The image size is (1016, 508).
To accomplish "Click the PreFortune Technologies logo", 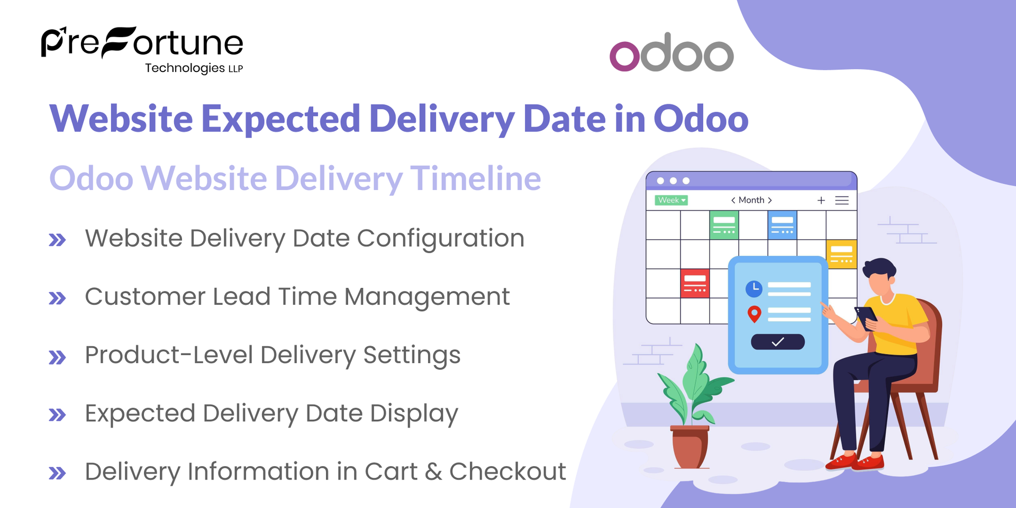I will click(x=142, y=49).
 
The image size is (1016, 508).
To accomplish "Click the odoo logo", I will click(x=672, y=53).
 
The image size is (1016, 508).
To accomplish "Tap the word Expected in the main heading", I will click(x=280, y=119).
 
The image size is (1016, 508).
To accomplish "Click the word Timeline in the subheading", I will click(x=475, y=178).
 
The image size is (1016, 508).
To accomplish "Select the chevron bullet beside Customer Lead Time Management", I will click(x=57, y=298).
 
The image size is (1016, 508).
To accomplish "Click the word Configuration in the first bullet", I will click(x=440, y=239).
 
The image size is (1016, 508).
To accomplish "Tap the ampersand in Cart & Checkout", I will click(x=433, y=471).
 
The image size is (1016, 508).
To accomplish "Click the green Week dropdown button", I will click(x=671, y=200).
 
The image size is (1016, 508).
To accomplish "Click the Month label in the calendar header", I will click(x=751, y=200).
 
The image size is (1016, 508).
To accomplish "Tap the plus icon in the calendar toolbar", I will click(x=821, y=200).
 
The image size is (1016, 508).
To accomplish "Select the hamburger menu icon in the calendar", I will click(x=842, y=200).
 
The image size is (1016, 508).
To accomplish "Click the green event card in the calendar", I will click(x=724, y=225).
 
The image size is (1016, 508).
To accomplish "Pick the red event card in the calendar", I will click(x=695, y=284).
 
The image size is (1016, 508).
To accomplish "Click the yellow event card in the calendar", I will click(x=841, y=254).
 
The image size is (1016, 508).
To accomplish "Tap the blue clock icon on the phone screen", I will click(x=754, y=288).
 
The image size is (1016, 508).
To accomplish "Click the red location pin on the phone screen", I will click(x=754, y=314).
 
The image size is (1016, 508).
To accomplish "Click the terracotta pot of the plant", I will click(x=690, y=447).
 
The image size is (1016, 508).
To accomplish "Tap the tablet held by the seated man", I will click(x=866, y=317).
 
